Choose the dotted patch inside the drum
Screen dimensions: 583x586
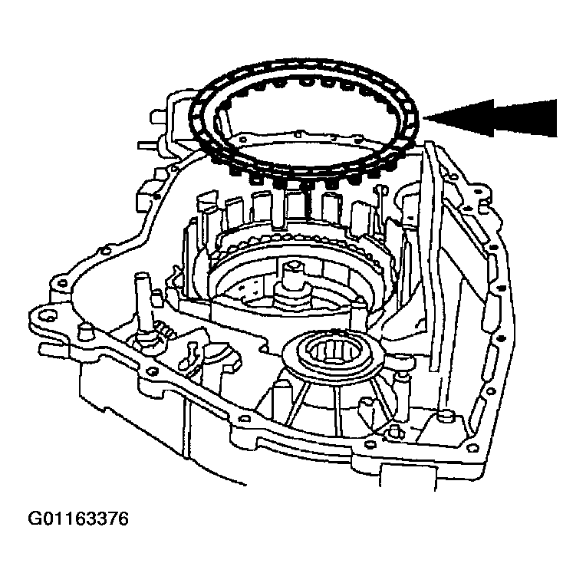point(248,285)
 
